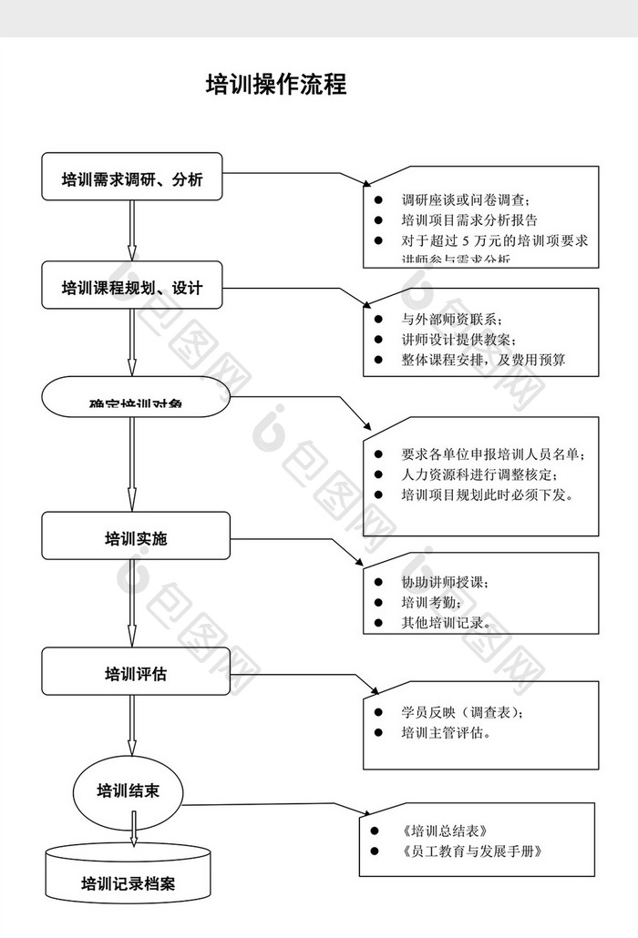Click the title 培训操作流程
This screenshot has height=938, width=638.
(276, 86)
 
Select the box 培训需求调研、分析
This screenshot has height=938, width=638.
(132, 178)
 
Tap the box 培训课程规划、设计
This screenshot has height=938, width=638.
(132, 288)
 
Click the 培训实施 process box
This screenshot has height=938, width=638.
(135, 538)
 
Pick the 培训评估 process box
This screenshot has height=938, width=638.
(135, 674)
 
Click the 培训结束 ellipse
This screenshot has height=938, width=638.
(129, 790)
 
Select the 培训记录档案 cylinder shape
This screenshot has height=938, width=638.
(129, 882)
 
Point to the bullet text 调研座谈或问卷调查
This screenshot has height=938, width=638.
(466, 199)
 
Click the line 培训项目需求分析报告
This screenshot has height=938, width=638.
(469, 220)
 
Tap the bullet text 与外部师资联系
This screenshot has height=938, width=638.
(451, 319)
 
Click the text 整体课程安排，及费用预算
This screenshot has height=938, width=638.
(483, 360)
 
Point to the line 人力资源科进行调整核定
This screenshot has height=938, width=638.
(478, 474)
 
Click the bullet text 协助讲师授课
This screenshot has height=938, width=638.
(446, 582)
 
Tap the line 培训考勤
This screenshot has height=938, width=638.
(431, 603)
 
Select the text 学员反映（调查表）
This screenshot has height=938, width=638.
(462, 712)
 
